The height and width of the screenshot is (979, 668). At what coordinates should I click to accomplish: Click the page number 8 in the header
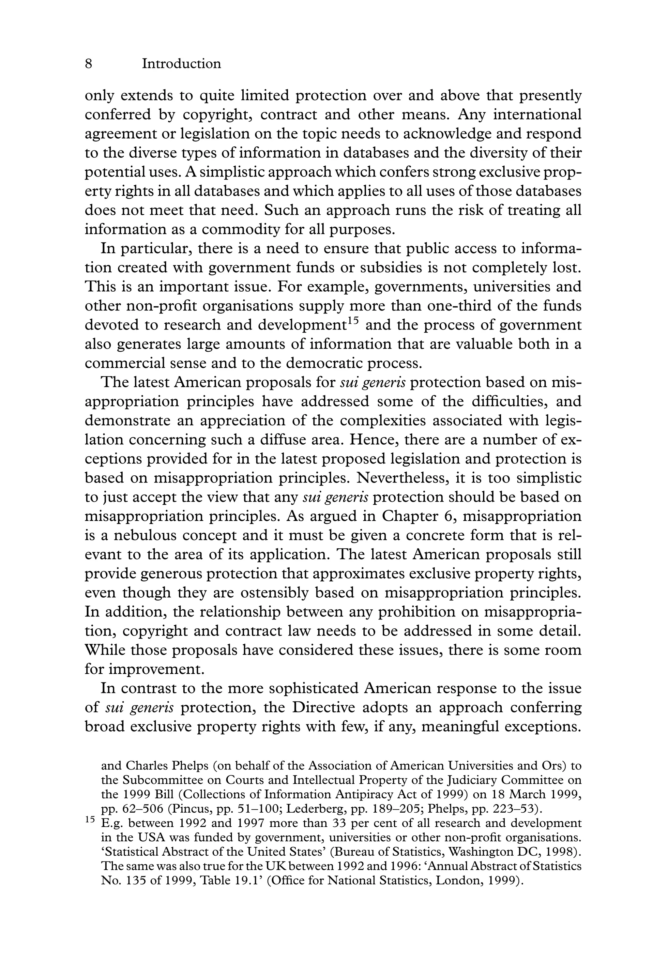click(88, 64)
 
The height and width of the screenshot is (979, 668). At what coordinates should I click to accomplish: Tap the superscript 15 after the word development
click(353, 321)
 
